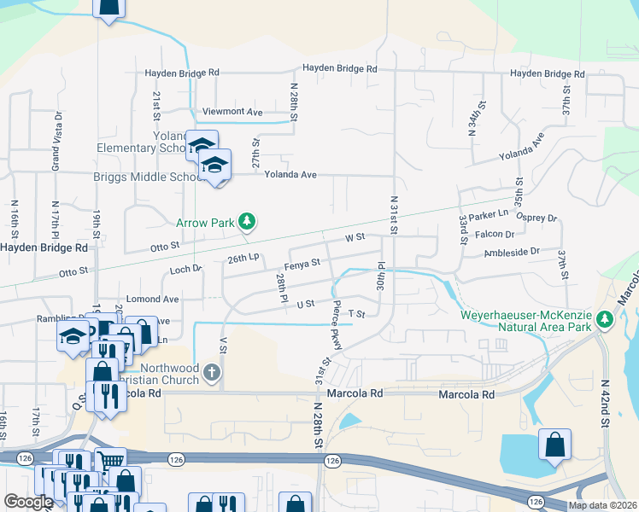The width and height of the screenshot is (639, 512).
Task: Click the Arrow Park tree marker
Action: click(247, 223)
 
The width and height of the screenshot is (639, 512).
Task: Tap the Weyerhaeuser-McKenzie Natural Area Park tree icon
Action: click(606, 320)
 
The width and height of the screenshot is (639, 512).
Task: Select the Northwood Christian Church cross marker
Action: click(213, 372)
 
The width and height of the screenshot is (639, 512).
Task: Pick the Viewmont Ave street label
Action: click(232, 112)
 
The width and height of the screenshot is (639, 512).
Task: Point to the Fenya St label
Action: click(304, 262)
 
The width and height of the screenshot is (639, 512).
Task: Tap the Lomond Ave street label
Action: click(152, 300)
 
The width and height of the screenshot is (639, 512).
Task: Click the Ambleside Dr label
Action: click(513, 252)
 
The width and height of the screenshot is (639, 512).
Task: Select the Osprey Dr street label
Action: click(539, 218)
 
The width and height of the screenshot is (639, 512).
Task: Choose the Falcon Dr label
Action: click(498, 234)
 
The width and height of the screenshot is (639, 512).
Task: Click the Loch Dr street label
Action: click(185, 268)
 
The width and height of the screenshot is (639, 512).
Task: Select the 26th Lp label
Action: click(243, 258)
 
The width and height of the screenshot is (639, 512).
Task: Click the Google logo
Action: click(28, 502)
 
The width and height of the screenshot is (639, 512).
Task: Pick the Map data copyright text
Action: click(602, 505)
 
